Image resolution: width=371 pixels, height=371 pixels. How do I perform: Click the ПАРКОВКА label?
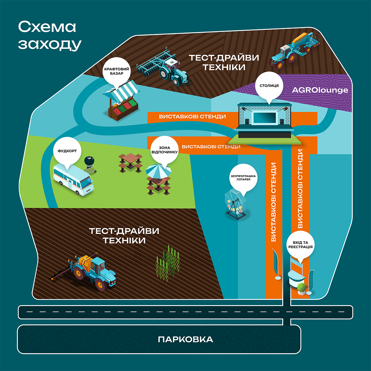[x=185, y=339]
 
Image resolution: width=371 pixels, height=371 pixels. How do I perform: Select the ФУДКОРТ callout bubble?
[x=67, y=151]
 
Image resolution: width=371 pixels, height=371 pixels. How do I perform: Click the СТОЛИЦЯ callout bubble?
[x=269, y=86]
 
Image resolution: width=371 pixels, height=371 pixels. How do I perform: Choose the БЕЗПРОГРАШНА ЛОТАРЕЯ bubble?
[x=243, y=178]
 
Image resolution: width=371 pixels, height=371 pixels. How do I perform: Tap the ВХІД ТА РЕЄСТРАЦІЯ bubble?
[x=300, y=245]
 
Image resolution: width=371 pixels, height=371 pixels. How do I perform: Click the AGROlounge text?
[x=320, y=90]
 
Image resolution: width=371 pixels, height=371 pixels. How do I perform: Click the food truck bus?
[x=73, y=180]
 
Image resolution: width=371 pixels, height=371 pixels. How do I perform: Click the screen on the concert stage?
[x=264, y=118]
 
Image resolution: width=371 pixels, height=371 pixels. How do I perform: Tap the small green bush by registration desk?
[x=301, y=288]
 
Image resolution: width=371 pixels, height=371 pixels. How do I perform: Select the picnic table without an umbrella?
[x=130, y=162]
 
